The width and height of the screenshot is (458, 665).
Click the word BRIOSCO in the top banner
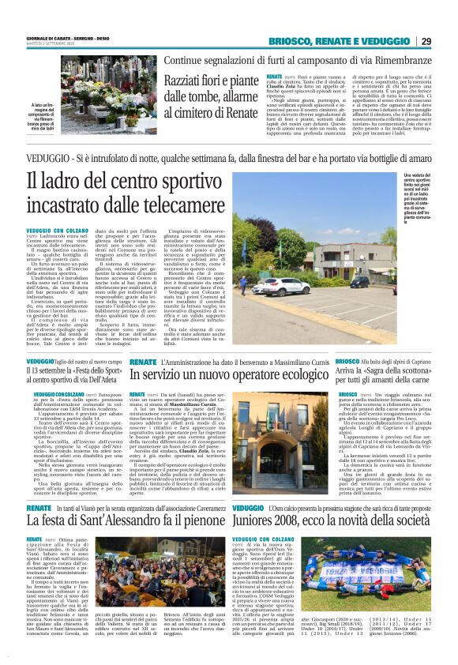click(293, 41)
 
